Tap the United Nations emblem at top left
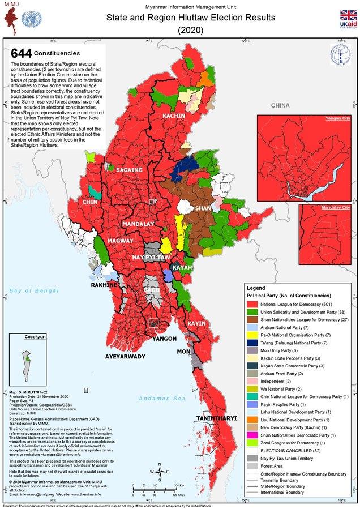click(28, 20)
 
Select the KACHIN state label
click(174, 116)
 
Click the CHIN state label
click(91, 202)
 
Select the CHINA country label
click(280, 106)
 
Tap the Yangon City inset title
click(337, 119)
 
